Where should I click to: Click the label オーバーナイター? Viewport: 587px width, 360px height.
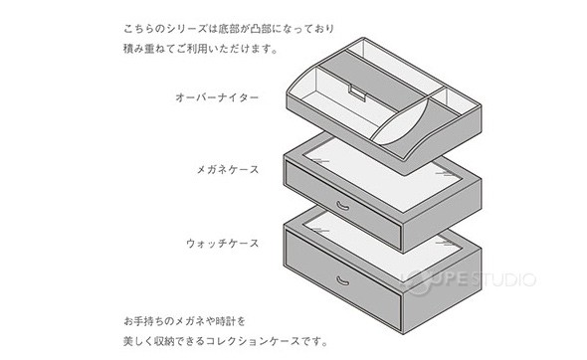click(x=217, y=98)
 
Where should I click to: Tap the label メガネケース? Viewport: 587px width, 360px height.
click(x=226, y=170)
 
